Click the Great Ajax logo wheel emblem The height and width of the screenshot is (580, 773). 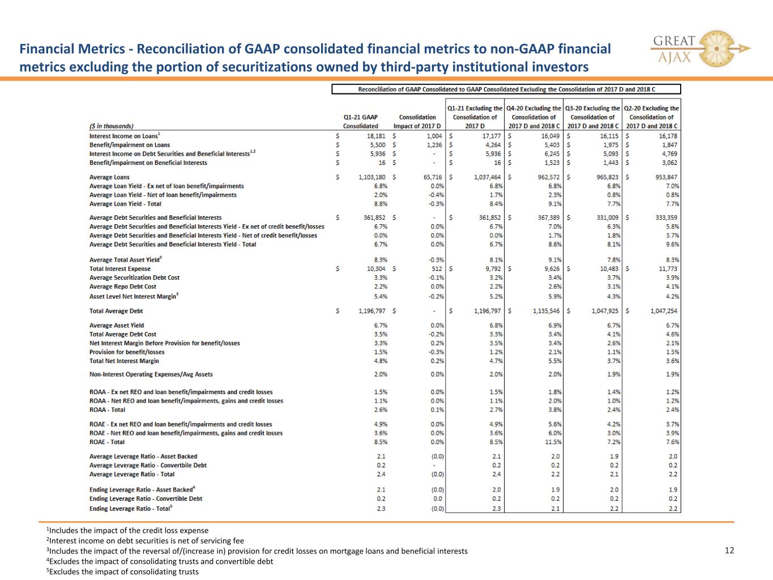coord(716,49)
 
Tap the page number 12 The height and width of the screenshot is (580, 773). coord(729,550)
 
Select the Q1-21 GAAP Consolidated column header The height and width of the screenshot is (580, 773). coord(360,121)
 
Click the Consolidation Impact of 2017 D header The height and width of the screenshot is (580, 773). coord(417,121)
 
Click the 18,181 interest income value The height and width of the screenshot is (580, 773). coord(376,136)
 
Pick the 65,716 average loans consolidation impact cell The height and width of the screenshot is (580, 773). coord(433,177)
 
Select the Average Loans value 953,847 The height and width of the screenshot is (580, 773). coord(666,177)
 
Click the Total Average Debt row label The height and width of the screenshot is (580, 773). coord(116,311)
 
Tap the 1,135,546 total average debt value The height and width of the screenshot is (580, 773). coord(546,311)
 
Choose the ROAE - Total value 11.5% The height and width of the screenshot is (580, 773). coord(553,442)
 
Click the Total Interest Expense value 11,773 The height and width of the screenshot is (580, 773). coord(668,268)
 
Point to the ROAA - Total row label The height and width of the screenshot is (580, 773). coord(107,410)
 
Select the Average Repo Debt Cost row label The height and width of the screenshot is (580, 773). coord(122,287)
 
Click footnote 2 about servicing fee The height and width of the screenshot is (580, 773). coord(145,540)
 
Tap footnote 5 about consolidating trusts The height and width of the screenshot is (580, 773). coord(122,572)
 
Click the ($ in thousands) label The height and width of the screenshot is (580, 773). coord(112,126)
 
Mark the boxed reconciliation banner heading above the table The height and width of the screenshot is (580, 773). coord(506,89)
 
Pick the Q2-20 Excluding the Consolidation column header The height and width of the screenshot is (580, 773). coord(651,117)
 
